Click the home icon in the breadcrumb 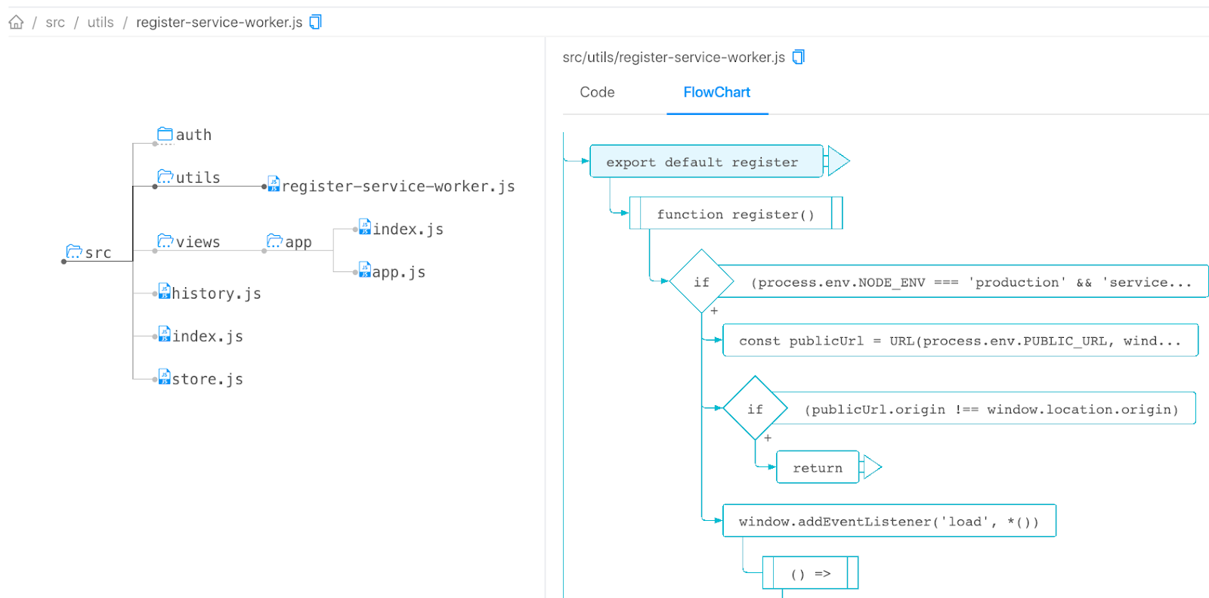16,22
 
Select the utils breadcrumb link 100,22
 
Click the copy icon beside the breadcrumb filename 316,22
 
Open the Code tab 597,92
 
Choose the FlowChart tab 716,92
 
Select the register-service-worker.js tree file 397,186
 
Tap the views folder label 197,242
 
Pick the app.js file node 397,272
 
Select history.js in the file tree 215,293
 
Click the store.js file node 206,379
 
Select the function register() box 735,214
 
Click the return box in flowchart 817,468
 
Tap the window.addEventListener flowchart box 889,521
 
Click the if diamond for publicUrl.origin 755,409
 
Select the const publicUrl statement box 960,341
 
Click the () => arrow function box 810,573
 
